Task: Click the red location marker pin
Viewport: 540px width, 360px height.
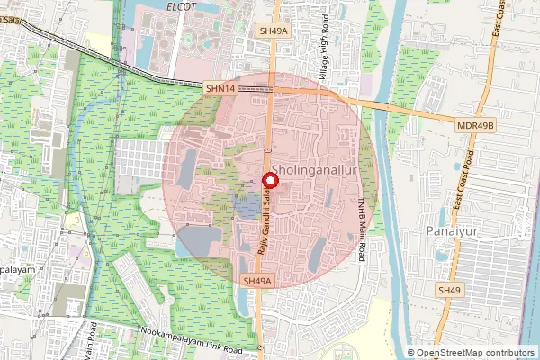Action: coord(268,180)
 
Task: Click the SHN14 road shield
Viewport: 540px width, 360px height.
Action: coord(220,88)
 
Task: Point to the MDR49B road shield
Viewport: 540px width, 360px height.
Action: coord(477,124)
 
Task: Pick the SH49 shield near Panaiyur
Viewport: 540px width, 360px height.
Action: coord(448,291)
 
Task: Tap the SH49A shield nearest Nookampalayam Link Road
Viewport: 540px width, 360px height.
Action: coord(257,281)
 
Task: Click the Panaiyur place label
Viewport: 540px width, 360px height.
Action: coord(449,232)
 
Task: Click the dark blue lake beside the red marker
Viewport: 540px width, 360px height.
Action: coord(244,209)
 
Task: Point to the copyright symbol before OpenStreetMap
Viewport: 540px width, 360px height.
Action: coord(411,353)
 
